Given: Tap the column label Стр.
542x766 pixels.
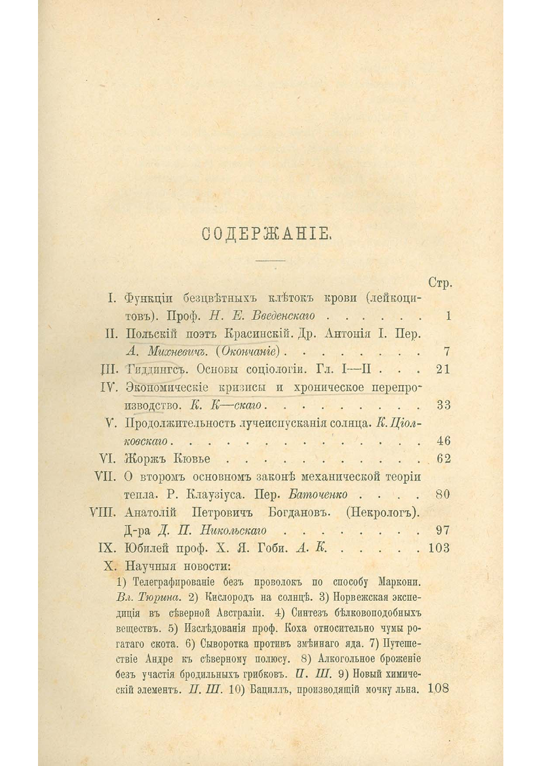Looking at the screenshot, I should (440, 283).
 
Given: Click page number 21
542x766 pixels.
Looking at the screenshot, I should (442, 369).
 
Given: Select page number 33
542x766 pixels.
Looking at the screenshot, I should (443, 405).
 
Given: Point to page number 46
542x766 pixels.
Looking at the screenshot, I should (443, 440).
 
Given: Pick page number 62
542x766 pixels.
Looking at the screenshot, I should (443, 458).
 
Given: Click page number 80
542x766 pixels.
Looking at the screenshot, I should (442, 494).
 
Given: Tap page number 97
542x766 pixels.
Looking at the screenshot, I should (442, 529).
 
